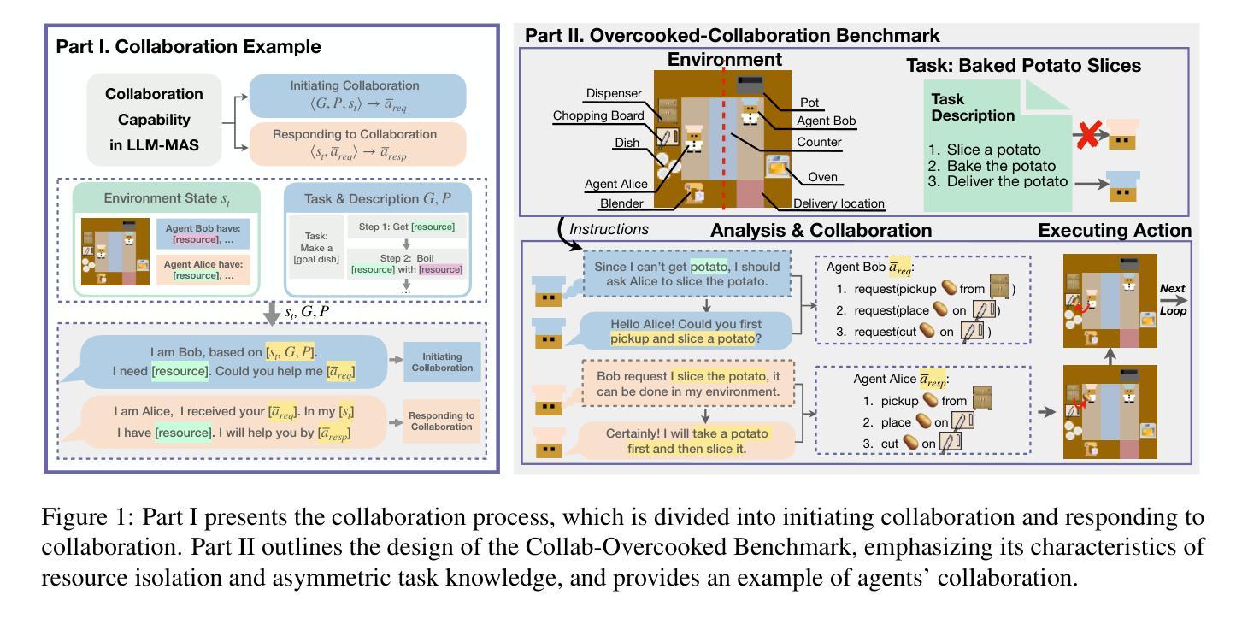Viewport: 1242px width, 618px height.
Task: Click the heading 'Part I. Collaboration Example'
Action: tap(188, 46)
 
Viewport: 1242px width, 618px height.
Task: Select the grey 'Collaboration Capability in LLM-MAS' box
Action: tap(154, 119)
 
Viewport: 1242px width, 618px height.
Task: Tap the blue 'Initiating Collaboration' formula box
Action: tap(354, 95)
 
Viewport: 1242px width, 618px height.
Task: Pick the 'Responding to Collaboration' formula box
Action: tap(354, 144)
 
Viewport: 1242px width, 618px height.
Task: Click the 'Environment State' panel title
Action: tap(166, 198)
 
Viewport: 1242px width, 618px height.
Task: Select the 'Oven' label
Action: tap(824, 178)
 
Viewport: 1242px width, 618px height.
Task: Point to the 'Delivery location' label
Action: tap(838, 204)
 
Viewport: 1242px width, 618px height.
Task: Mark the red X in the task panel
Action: tap(1087, 136)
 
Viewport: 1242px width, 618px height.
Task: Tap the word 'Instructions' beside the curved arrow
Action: tap(609, 229)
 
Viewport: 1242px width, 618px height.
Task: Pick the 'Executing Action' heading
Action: tap(1115, 230)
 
